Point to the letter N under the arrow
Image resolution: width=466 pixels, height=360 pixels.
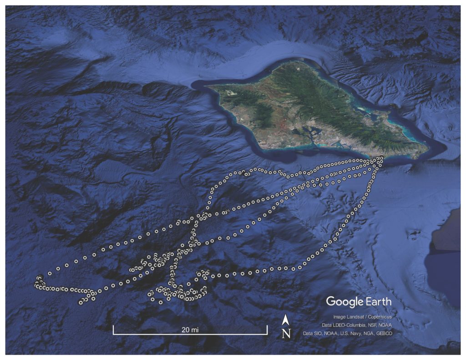tap(286, 334)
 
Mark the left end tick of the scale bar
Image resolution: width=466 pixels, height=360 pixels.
tap(113, 330)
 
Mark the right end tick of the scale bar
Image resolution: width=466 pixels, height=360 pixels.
tap(267, 330)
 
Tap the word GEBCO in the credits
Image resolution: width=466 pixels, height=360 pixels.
tap(383, 334)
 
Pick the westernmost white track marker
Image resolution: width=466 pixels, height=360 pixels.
tap(35, 285)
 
